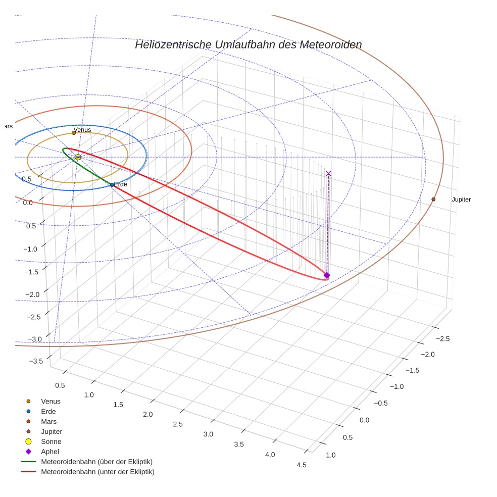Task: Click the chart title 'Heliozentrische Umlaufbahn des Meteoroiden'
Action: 248,45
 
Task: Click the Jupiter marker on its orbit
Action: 433,200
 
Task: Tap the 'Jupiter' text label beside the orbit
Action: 461,200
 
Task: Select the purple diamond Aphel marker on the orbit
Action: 327,275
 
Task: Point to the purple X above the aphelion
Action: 329,174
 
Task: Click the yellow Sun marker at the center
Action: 78,158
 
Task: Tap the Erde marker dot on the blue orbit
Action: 112,185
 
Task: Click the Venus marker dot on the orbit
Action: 74,133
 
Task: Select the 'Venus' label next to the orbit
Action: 83,130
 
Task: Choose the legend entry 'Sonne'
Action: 51,441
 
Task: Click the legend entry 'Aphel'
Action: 50,452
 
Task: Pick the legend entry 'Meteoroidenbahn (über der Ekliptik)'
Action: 96,462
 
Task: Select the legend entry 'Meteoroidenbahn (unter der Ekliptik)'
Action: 97,472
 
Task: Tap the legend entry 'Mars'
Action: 48,421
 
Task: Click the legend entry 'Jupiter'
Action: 52,431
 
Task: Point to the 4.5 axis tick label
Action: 302,465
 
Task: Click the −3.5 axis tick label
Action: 36,361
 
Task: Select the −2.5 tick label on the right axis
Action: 442,338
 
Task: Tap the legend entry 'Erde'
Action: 48,411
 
